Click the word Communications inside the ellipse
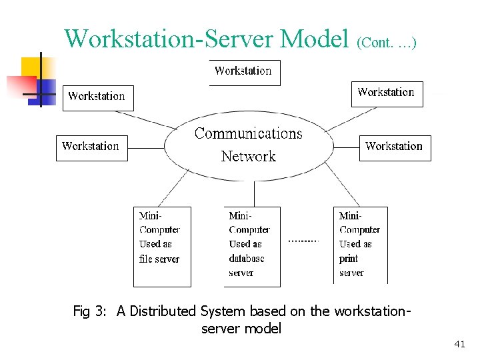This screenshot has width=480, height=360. [248, 133]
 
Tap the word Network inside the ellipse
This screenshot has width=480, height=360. [248, 157]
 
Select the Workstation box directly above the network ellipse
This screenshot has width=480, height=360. [244, 72]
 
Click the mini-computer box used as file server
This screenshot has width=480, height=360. [162, 247]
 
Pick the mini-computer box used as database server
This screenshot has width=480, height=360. [251, 247]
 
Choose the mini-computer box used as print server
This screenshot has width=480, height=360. [360, 245]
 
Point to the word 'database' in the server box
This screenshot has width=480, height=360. [247, 259]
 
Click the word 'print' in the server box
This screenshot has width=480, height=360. [349, 259]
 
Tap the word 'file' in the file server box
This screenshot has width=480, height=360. [145, 259]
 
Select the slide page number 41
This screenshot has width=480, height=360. [459, 344]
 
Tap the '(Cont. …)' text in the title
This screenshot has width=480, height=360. [387, 43]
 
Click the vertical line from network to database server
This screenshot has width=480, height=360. [254, 193]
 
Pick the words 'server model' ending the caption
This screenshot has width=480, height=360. [241, 329]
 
